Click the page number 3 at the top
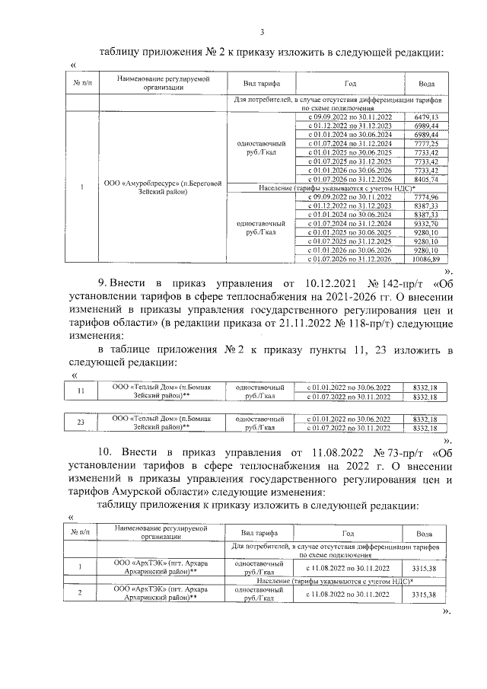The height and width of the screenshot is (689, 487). tap(263, 31)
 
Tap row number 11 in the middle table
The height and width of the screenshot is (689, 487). tap(81, 391)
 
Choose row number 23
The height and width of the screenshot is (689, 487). tap(81, 423)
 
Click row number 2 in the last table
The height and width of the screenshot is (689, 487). tap(81, 594)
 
